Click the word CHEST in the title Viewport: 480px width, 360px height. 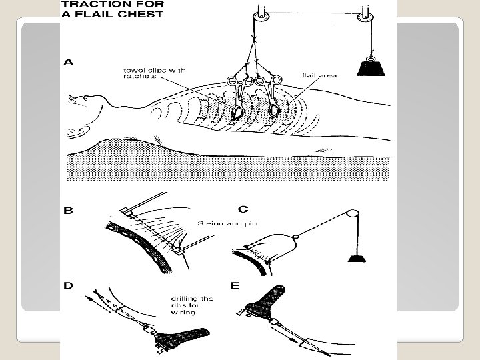coord(141,15)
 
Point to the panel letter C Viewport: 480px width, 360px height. coord(243,209)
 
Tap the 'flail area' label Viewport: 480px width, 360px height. coord(319,76)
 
